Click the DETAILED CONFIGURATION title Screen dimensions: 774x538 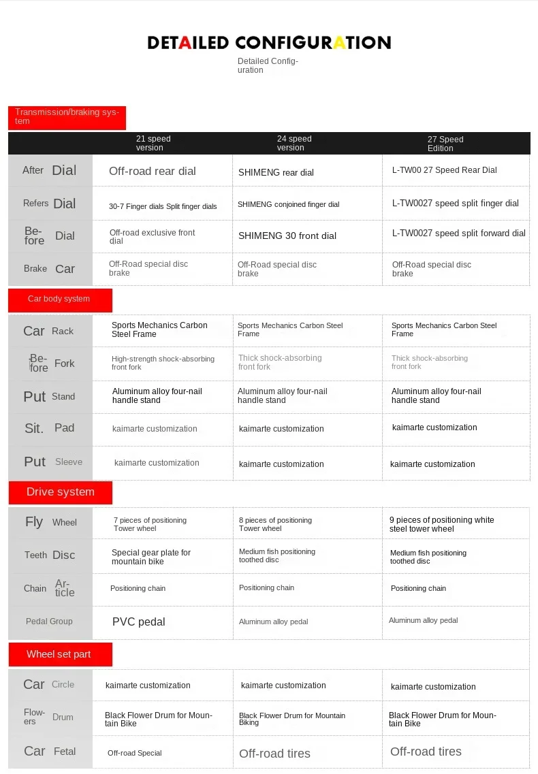coord(269,43)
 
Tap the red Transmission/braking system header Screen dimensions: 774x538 coord(67,117)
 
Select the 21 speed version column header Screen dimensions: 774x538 coord(153,143)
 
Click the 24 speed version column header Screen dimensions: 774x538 coord(294,143)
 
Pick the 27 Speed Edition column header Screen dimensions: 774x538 coord(445,144)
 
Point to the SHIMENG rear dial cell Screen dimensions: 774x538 coord(276,173)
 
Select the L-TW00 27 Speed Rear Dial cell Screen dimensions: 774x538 coord(445,170)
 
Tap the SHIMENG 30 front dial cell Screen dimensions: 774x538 coord(287,236)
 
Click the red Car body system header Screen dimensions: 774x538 coord(59,299)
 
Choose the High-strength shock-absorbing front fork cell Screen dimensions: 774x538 coord(163,363)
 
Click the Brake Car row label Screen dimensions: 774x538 coord(50,269)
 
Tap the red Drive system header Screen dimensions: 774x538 coord(60,492)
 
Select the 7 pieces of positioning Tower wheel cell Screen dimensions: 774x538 coord(150,524)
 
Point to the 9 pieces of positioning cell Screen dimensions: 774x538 coord(442,524)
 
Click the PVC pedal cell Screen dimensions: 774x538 coord(139,622)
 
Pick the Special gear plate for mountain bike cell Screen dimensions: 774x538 coord(151,557)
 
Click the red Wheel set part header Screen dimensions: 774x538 coord(59,654)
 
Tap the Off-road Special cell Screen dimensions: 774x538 coord(135,753)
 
